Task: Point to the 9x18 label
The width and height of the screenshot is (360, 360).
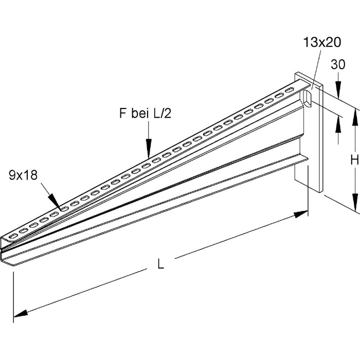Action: tap(24, 175)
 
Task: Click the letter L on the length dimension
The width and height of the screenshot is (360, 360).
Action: tap(161, 265)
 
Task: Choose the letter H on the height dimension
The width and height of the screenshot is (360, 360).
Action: tap(354, 160)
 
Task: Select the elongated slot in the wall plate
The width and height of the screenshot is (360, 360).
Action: tap(307, 99)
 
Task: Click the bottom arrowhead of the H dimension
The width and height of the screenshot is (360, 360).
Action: tap(354, 205)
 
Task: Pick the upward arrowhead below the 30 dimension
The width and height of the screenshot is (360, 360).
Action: tap(338, 122)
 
